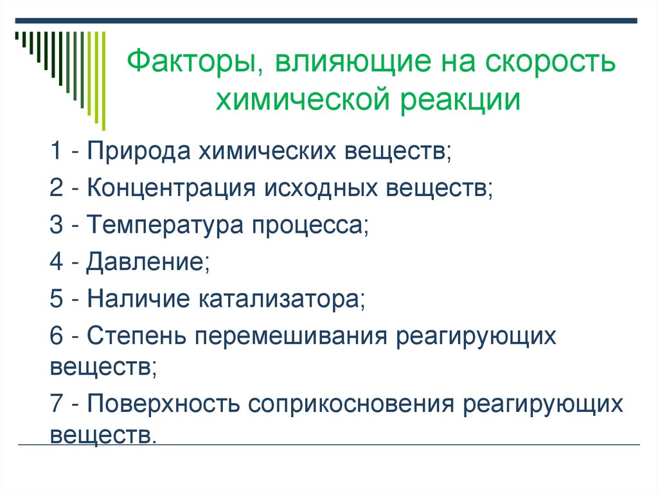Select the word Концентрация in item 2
[x=168, y=189]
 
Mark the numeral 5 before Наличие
[x=56, y=299]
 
